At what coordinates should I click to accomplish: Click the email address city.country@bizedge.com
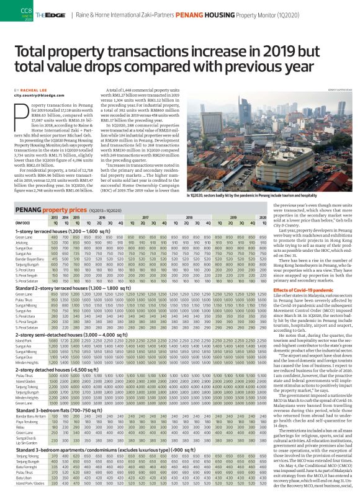click(34, 94)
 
